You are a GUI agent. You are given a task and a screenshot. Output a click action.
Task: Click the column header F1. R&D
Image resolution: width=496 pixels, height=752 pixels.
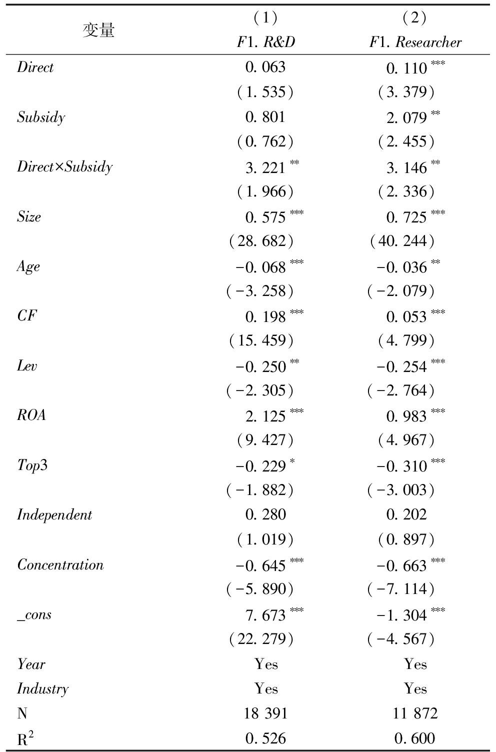coord(265,42)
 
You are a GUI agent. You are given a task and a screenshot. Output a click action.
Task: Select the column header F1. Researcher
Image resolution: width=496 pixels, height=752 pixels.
coord(415,42)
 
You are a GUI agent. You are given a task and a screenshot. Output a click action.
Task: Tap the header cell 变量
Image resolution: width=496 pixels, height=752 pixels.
coord(98,30)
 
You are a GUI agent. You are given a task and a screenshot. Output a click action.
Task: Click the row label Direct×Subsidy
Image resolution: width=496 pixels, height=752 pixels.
coord(64,166)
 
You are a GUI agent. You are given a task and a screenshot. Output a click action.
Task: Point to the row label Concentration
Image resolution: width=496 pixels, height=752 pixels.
coord(60,564)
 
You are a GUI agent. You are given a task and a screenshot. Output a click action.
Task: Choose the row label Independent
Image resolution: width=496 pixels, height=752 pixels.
coord(54,515)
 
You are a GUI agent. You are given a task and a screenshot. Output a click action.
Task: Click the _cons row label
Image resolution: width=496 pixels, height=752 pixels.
coord(34,614)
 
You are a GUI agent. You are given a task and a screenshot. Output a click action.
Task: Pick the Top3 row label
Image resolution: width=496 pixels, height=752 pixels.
coord(32,465)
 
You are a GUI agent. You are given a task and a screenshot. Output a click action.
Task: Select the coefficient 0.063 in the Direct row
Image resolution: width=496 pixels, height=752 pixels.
coord(265,67)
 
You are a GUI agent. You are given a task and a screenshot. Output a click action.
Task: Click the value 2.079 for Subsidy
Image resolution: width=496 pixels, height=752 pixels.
coord(406,117)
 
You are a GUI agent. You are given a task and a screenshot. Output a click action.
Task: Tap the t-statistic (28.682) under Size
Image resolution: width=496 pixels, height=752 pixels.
coord(261,241)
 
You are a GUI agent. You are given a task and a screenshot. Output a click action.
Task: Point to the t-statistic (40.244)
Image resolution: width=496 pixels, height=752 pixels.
coord(402,241)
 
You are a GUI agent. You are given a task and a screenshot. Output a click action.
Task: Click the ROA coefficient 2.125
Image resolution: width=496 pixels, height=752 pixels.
coord(265,416)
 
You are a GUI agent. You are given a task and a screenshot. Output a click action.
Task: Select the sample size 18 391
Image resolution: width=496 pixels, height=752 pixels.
coord(265,713)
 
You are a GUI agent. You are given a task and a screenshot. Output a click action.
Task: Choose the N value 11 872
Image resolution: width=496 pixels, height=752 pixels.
coord(415,713)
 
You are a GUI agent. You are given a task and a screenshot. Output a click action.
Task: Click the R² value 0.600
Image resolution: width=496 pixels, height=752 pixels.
coord(415,738)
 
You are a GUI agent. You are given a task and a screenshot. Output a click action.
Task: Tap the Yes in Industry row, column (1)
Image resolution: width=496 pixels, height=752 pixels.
coord(265,689)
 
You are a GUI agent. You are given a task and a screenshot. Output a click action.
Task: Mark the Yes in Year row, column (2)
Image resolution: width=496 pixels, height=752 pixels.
coord(415,664)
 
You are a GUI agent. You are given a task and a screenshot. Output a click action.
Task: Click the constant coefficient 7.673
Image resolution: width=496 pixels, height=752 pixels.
coord(265,615)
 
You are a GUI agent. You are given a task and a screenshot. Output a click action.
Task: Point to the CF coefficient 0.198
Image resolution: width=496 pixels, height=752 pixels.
coord(265,316)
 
